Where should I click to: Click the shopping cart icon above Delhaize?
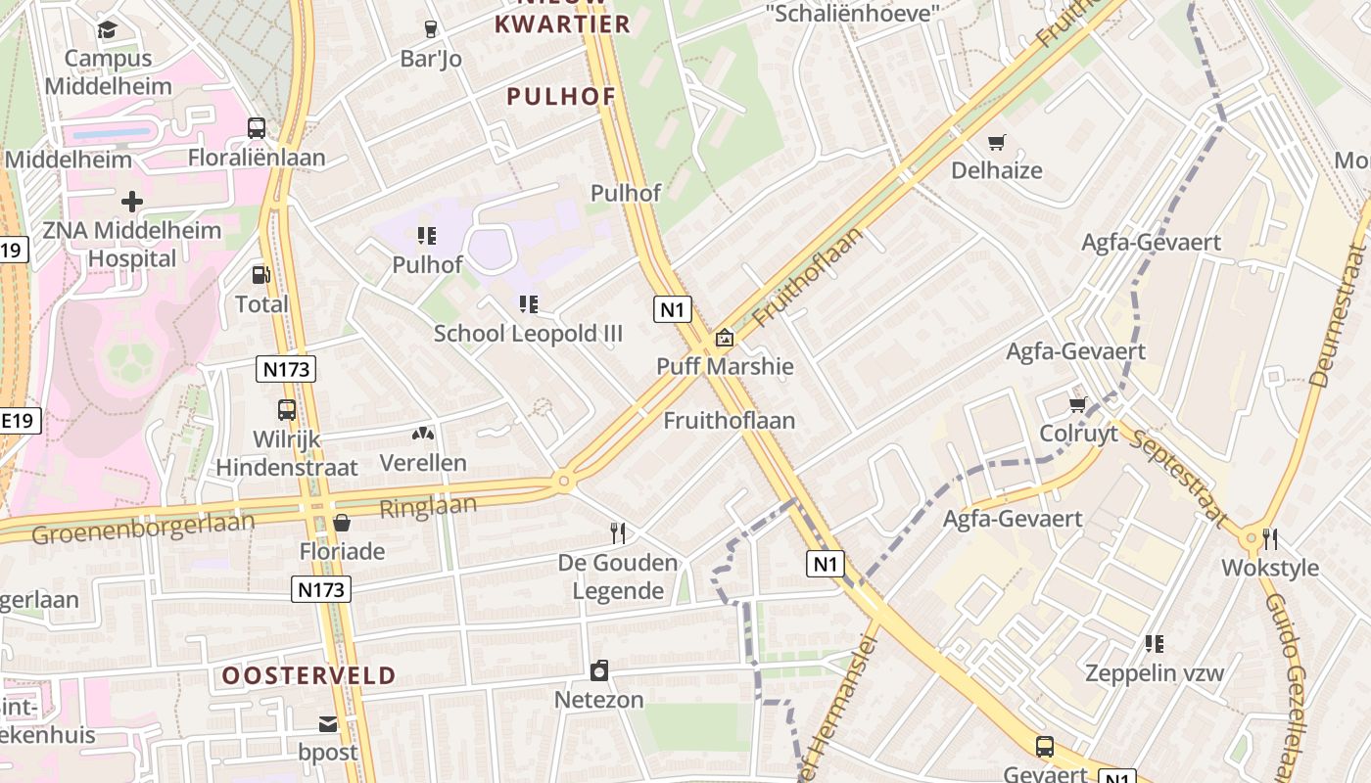pos(997,143)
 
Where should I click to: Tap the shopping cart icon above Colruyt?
pos(1078,404)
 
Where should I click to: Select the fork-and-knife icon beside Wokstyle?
pos(1270,538)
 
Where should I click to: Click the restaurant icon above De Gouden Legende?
pos(618,532)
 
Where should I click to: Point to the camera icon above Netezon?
pos(599,670)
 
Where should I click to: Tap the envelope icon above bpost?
pos(328,724)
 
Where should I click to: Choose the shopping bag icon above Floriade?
pos(342,523)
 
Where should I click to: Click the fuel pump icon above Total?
pos(261,276)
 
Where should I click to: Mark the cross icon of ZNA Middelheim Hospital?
pos(132,203)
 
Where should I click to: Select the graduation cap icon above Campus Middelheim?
pos(107,29)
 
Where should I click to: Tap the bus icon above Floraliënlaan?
pos(257,128)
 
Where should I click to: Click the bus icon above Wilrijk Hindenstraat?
pos(287,410)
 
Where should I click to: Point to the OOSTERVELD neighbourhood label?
pos(308,675)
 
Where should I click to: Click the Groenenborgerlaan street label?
pos(143,527)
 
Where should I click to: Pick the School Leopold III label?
pos(528,334)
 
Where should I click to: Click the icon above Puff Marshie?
pos(725,338)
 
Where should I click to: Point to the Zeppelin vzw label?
pos(1155,672)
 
